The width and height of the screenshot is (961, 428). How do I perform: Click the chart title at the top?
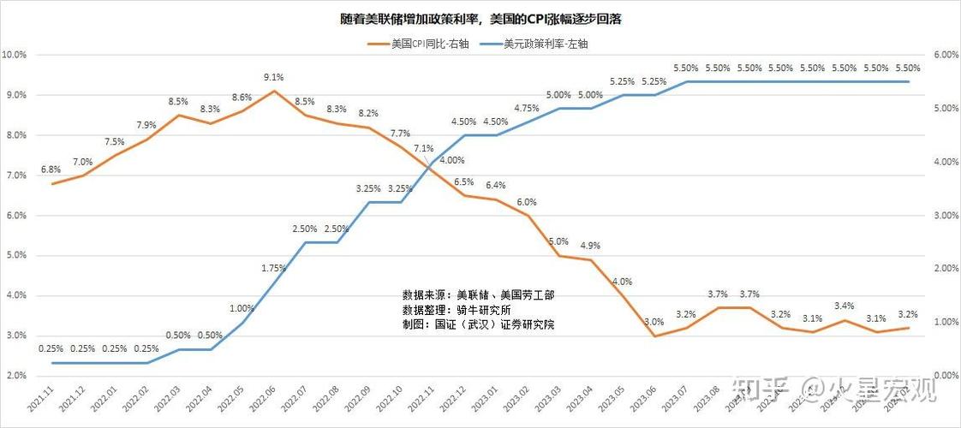(480, 18)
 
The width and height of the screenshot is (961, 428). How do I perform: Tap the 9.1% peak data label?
(274, 77)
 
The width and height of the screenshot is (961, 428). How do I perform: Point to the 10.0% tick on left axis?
(15, 55)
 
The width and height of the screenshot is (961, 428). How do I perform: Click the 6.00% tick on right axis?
(945, 55)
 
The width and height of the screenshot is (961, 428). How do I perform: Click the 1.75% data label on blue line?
(274, 268)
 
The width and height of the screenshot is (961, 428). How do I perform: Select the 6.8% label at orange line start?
(51, 169)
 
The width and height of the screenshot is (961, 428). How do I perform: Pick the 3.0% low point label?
(654, 322)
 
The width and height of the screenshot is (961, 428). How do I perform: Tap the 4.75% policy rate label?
(527, 109)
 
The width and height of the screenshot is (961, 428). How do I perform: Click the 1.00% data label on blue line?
(242, 308)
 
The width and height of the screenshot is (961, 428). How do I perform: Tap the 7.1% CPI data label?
(423, 148)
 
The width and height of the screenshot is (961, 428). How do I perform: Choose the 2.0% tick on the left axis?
(15, 376)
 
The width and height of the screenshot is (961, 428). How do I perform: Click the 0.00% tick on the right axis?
(945, 376)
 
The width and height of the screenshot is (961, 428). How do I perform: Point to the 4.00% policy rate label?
(451, 160)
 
